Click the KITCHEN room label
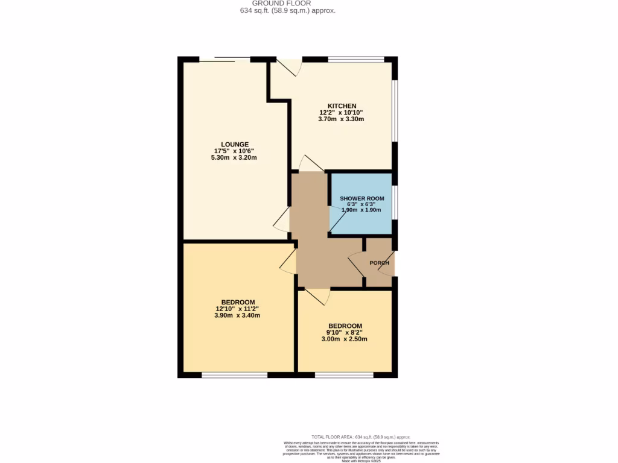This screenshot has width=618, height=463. click(x=342, y=106)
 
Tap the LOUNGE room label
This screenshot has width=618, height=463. click(x=235, y=144)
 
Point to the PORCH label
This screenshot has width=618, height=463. click(x=380, y=263)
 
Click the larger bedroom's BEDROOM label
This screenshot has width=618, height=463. click(x=238, y=302)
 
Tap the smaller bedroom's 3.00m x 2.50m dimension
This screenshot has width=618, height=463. click(x=345, y=339)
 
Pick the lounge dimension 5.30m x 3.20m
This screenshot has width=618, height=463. click(x=235, y=158)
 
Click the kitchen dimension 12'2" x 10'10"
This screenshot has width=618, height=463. click(x=342, y=112)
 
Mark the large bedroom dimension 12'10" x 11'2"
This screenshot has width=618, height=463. click(x=238, y=309)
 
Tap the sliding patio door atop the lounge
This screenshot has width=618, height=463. click(x=225, y=59)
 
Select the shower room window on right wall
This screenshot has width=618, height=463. click(x=395, y=202)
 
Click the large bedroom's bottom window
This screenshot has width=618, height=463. click(x=235, y=375)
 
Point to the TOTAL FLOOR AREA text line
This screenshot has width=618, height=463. click(x=360, y=436)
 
